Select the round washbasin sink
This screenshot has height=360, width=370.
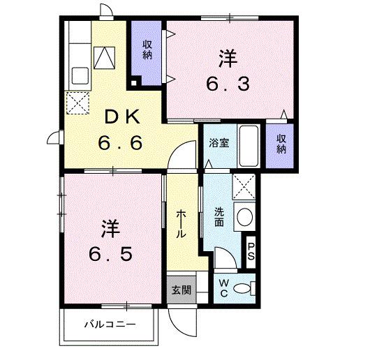tap(244, 217)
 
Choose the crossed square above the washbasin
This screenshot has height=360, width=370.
tap(244, 187)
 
